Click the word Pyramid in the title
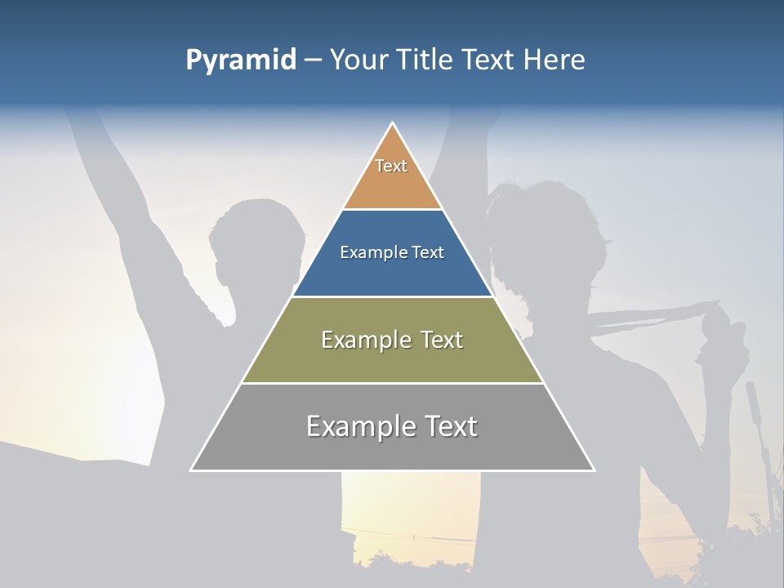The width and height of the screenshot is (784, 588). tap(241, 60)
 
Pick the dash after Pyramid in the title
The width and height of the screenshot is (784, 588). tap(313, 60)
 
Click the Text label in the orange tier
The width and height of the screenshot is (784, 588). tap(391, 166)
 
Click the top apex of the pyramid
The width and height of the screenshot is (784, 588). tap(393, 123)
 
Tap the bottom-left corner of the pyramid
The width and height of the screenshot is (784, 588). tap(191, 470)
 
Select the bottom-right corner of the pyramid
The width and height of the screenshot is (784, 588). tap(594, 470)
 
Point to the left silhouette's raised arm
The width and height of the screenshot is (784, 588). tap(122, 188)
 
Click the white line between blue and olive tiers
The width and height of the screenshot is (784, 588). tap(393, 296)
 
